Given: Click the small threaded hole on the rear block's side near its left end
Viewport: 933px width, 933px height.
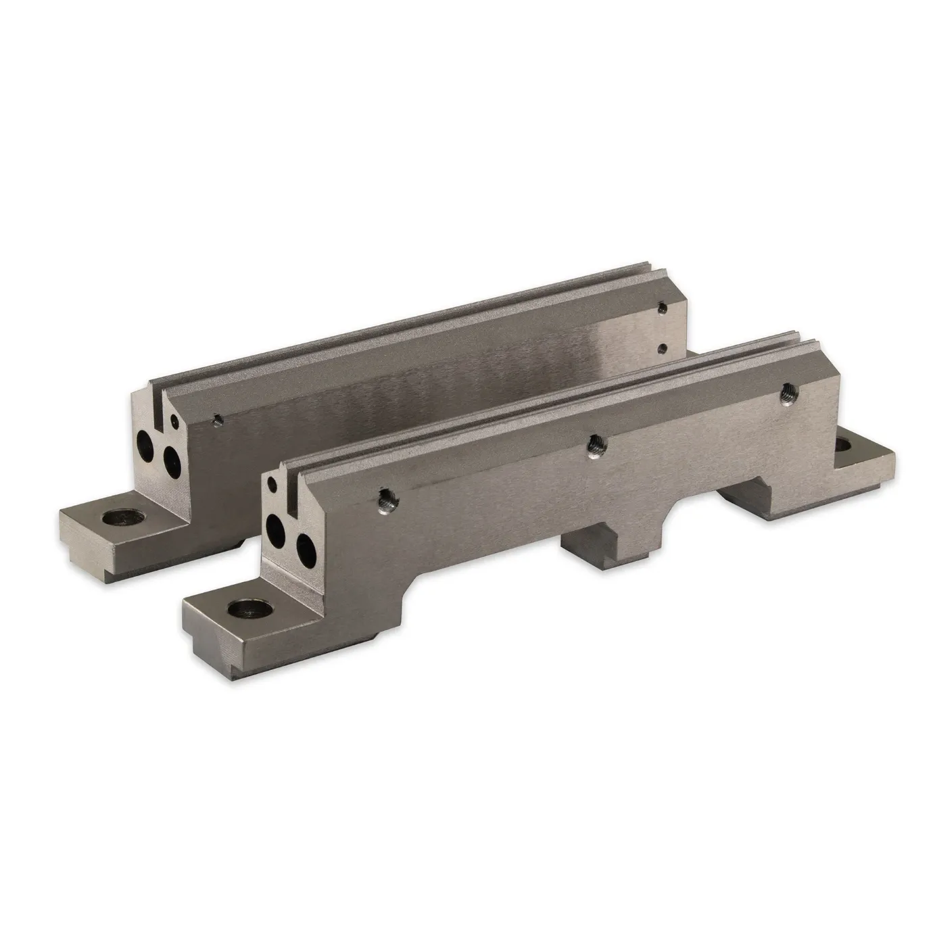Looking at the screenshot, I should click(216, 419).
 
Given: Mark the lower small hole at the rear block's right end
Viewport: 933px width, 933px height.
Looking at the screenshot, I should click(664, 348).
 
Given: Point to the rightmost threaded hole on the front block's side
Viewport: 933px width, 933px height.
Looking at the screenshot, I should click(786, 391).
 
